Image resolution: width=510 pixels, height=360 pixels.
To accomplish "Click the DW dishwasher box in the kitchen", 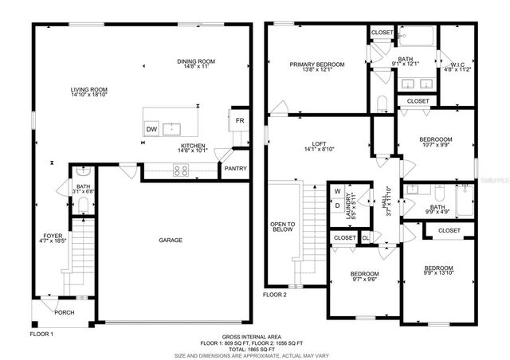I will click(151, 129).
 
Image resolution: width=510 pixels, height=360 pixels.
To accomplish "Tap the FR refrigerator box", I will click(238, 121).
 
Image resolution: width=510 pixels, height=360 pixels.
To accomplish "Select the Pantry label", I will click(235, 169).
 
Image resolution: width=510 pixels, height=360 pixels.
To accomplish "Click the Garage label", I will click(170, 240).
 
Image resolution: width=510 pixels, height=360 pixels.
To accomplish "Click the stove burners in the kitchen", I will click(180, 169).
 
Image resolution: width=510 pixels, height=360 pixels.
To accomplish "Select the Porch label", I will click(64, 312).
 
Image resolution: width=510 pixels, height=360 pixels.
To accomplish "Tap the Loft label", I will click(320, 146).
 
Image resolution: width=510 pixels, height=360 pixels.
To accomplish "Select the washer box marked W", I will click(337, 192).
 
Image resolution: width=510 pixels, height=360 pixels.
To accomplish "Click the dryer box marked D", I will click(337, 205).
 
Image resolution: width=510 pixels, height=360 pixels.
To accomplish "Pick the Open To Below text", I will click(282, 231).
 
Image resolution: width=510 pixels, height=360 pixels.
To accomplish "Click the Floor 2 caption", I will click(276, 295).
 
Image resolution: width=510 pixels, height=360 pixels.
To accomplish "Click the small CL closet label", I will click(366, 237).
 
